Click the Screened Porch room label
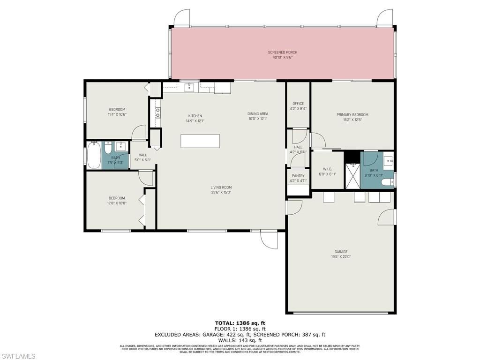coord(282,52)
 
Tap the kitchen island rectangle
coord(200,141)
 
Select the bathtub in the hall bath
coord(93,155)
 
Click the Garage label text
coord(341,252)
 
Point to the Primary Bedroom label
coord(352,114)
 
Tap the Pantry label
coord(298,176)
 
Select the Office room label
coord(298,104)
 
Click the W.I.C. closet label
coord(328,169)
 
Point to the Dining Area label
coord(257,113)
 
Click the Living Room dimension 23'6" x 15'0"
coord(221,192)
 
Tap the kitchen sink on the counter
coord(189,87)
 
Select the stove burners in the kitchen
coord(158,112)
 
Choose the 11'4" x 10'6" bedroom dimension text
coord(117,114)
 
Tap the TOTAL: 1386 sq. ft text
coord(240,323)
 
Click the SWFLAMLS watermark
coord(18,356)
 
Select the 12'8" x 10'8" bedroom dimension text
coord(117,203)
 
